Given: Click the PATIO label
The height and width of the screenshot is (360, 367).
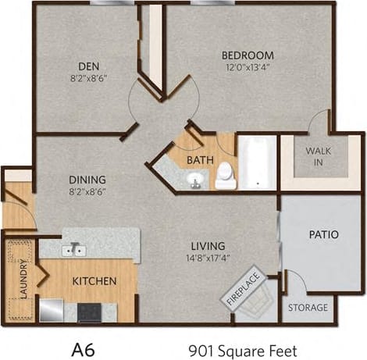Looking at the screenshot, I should click(x=322, y=234).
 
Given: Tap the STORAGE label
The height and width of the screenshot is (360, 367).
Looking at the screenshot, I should click(x=308, y=307).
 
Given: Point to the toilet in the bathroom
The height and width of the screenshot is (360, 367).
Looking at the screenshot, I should click(x=226, y=176).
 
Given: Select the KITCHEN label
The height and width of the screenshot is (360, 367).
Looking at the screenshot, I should click(x=94, y=281).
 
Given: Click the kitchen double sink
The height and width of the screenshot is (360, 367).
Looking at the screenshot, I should click(x=75, y=250).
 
